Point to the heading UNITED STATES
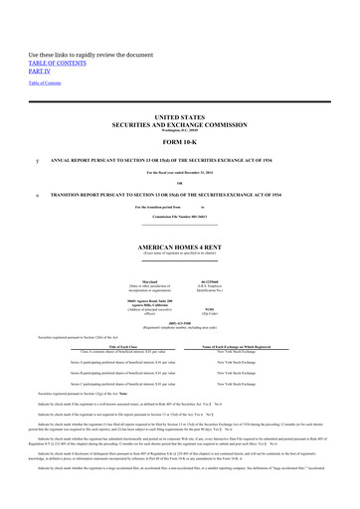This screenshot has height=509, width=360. point(179,117)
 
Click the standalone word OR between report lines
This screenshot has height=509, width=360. point(179,182)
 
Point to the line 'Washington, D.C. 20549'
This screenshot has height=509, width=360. point(179,130)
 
